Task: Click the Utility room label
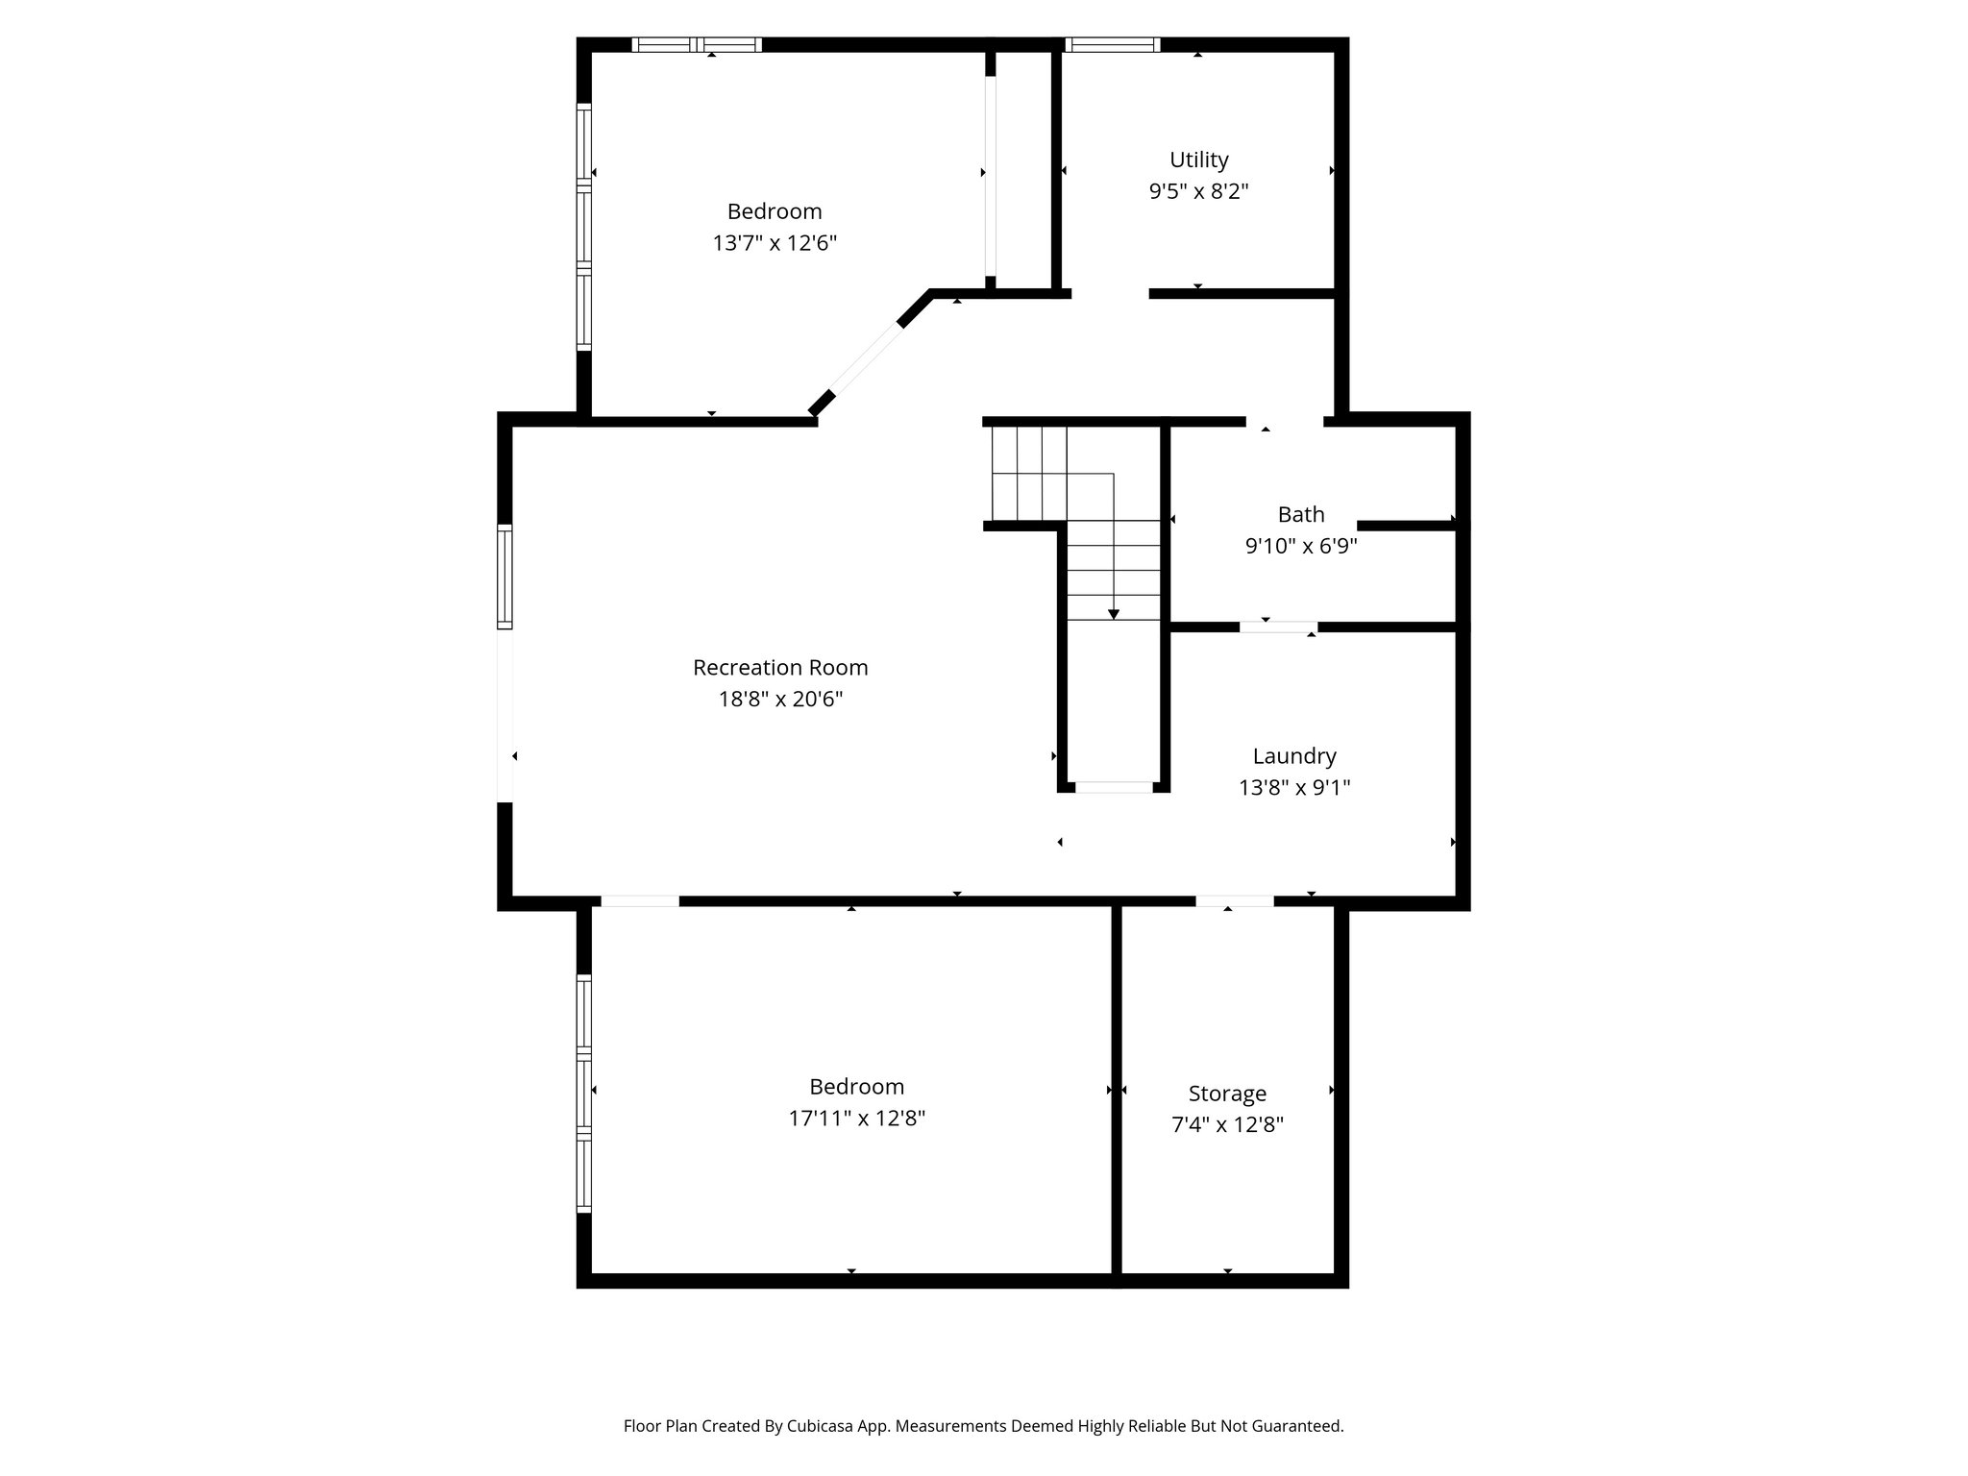click(1198, 160)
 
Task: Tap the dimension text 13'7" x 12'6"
click(775, 243)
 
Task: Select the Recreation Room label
click(780, 667)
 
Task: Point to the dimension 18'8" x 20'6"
click(780, 699)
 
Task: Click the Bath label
click(1301, 514)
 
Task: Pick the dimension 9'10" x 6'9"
click(1301, 547)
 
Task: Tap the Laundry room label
click(1294, 757)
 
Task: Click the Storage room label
click(1227, 1094)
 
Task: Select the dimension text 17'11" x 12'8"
click(856, 1119)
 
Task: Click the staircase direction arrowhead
click(1114, 613)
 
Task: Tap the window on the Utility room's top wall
click(1113, 44)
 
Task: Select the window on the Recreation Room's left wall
click(504, 577)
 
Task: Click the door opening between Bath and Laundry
click(1278, 627)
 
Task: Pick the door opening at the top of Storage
click(1235, 901)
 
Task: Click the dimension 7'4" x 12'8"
click(1227, 1125)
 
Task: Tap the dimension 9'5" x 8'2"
click(1198, 191)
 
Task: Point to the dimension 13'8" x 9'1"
click(1294, 788)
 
